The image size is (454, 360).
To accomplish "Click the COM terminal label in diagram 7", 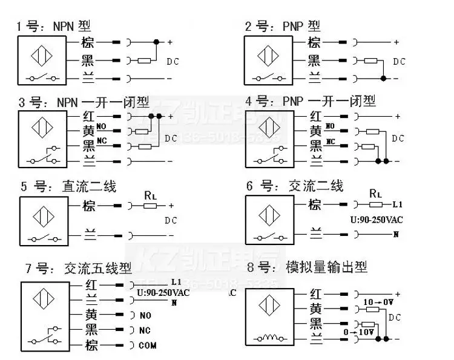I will tap(147, 345).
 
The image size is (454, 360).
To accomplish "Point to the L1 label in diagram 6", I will tap(398, 205).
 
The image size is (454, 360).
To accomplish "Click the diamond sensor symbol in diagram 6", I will tap(268, 216).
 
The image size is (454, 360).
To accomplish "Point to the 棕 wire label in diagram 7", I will tap(91, 345).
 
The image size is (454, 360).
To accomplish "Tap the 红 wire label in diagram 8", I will tap(315, 293).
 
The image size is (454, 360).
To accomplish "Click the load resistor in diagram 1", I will tap(145, 61).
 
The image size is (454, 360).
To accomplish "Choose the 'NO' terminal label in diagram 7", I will tap(145, 315).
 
